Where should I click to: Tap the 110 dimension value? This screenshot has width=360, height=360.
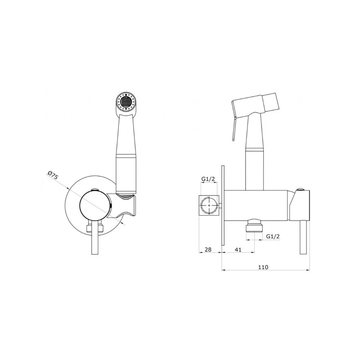pos(263,267)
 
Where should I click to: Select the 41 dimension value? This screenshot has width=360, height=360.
pos(238,249)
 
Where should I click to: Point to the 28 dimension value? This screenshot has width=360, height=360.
pos(208,249)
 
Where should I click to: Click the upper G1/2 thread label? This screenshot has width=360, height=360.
pos(208,179)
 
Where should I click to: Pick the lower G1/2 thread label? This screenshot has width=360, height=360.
pos(273,236)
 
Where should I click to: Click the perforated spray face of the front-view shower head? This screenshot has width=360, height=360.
pos(126,102)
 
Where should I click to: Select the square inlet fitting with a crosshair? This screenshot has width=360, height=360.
pos(208,205)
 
